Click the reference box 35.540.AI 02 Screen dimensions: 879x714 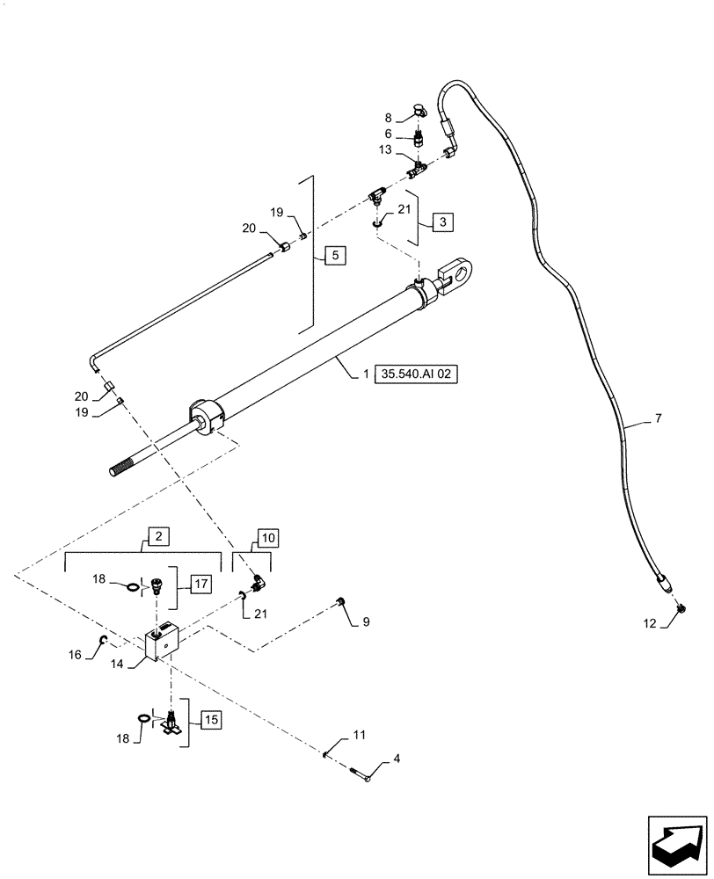coord(419,373)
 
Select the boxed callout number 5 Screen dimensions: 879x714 coord(335,256)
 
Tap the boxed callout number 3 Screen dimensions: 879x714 coord(442,222)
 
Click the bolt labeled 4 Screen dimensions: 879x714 coord(363,774)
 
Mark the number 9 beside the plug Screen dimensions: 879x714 coord(366,622)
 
